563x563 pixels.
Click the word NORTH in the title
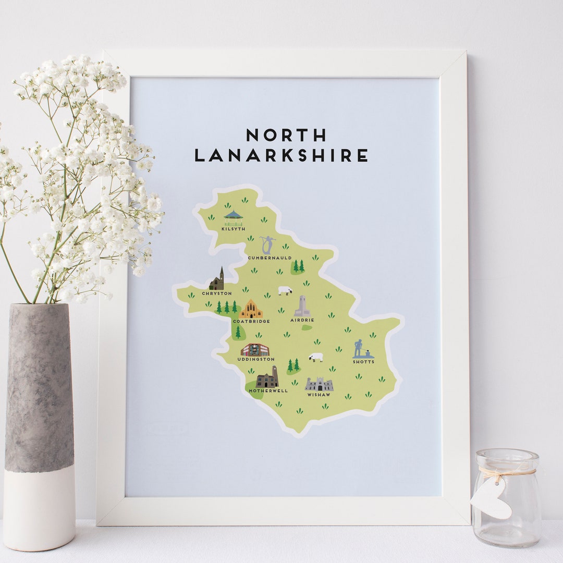point(286,135)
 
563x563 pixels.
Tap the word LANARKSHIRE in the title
point(281,155)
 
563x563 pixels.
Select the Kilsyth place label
point(232,228)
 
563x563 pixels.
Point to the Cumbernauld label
point(270,258)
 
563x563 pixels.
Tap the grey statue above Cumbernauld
point(267,245)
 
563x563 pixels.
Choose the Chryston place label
point(216,293)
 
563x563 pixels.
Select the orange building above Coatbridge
point(251,309)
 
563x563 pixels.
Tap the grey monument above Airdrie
point(302,306)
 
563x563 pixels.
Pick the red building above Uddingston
point(254,350)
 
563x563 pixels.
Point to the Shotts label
point(363,362)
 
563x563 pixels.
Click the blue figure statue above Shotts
point(359,348)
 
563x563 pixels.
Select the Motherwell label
point(268,390)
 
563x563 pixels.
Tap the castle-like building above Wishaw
point(319,385)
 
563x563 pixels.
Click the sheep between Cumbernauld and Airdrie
point(285,290)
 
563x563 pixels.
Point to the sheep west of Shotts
point(315,357)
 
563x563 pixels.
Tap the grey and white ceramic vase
point(39,422)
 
